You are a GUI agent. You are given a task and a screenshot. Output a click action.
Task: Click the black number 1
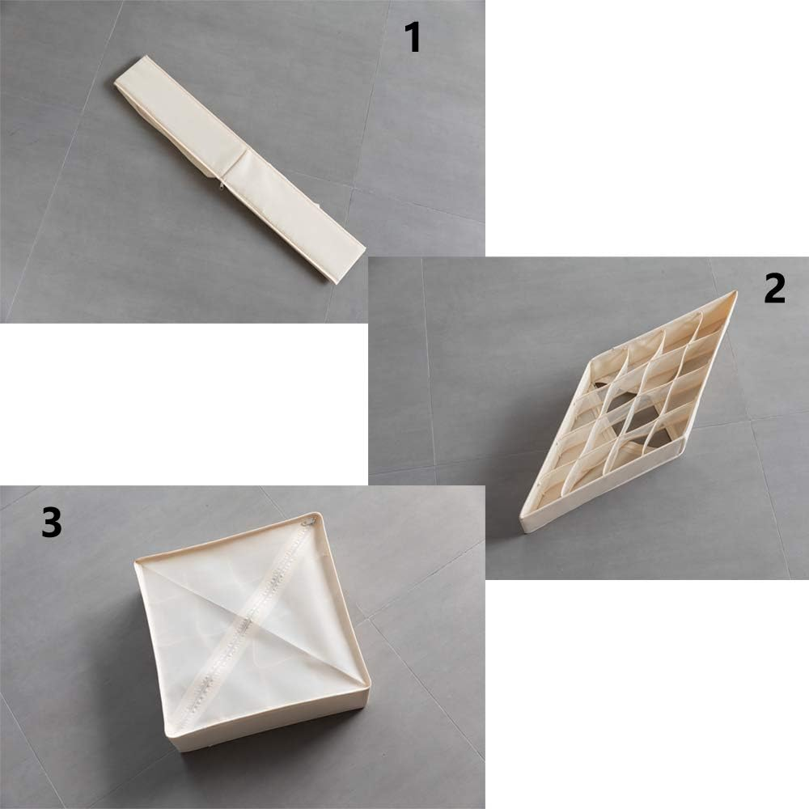coord(413,37)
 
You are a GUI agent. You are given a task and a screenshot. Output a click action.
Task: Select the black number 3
coord(52,522)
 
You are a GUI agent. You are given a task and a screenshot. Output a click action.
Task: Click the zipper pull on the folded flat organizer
coord(222,184)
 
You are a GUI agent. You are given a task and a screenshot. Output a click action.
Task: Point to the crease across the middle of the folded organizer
coord(235,164)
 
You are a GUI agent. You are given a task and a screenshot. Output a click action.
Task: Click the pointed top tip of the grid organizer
coord(735,293)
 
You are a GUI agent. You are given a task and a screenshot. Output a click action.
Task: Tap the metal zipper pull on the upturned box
coord(310,519)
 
